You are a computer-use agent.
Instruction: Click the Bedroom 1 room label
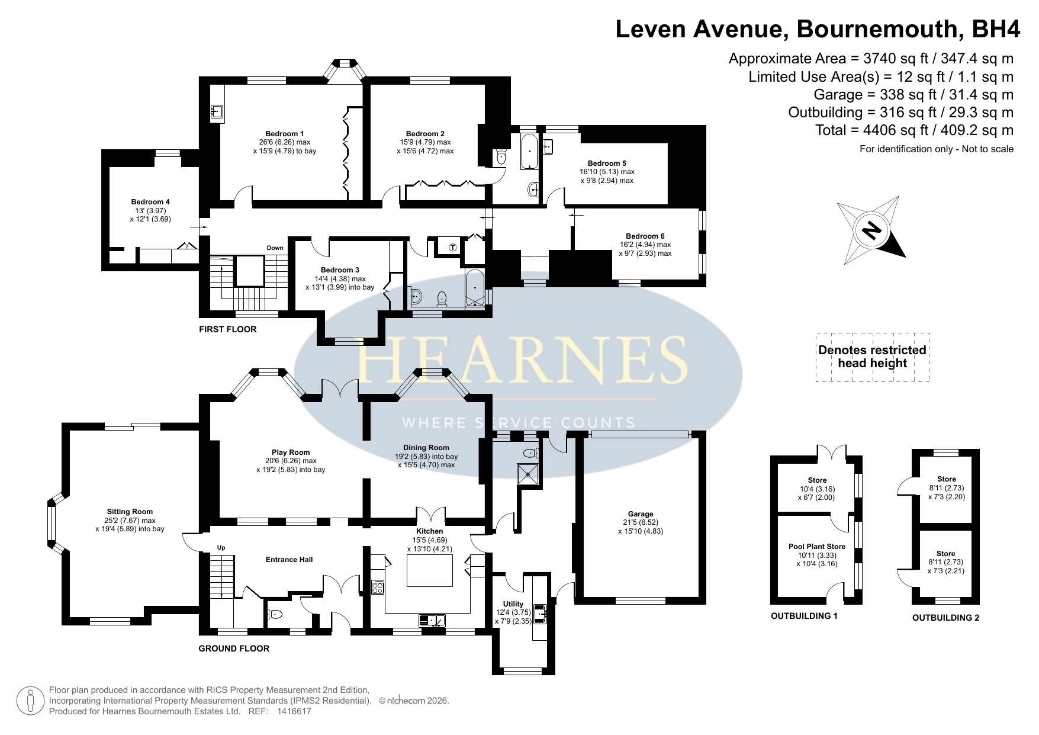(284, 134)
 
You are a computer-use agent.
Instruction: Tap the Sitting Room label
(130, 512)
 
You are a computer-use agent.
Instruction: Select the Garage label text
(641, 514)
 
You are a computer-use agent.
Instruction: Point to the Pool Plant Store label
(817, 547)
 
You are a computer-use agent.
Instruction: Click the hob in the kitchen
(378, 586)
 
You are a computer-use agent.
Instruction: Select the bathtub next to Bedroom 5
(529, 152)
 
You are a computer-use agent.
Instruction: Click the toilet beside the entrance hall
(276, 615)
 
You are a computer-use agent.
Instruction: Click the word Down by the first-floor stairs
(275, 248)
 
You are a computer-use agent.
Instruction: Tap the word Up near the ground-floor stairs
(221, 548)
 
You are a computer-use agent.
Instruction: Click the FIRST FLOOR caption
(228, 329)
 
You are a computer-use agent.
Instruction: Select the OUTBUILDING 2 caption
(945, 618)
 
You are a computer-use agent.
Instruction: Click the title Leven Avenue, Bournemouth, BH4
(818, 28)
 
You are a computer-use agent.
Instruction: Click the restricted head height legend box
(873, 357)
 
